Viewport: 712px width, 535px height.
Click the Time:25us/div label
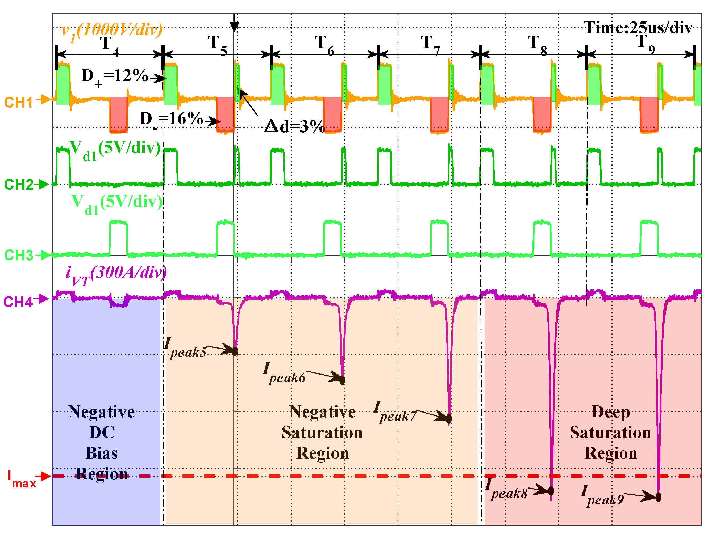638,28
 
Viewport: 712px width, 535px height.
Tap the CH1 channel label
18,103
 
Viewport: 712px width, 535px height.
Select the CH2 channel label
18,185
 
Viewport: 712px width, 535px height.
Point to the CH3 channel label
18,255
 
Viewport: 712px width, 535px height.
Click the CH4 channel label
18,302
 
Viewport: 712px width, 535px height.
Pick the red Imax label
21,479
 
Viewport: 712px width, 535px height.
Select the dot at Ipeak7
449,419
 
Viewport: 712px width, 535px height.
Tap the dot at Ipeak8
551,491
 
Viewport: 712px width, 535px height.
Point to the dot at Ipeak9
659,497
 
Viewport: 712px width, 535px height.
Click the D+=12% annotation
115,77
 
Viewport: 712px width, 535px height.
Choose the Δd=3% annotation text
294,126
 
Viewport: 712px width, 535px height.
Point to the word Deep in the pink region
611,412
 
